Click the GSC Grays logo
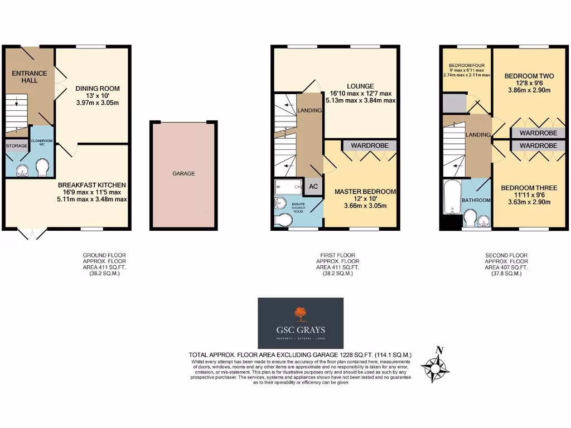tap(301, 323)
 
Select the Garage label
tap(183, 174)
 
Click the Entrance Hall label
tap(26, 77)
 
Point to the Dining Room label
tap(98, 89)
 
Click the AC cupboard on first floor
tap(313, 186)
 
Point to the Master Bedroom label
tap(365, 192)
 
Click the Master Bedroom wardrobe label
tap(369, 145)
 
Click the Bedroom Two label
tap(529, 76)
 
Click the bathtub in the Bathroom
tap(450, 197)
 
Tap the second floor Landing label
tap(478, 134)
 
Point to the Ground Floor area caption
tap(101, 265)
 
